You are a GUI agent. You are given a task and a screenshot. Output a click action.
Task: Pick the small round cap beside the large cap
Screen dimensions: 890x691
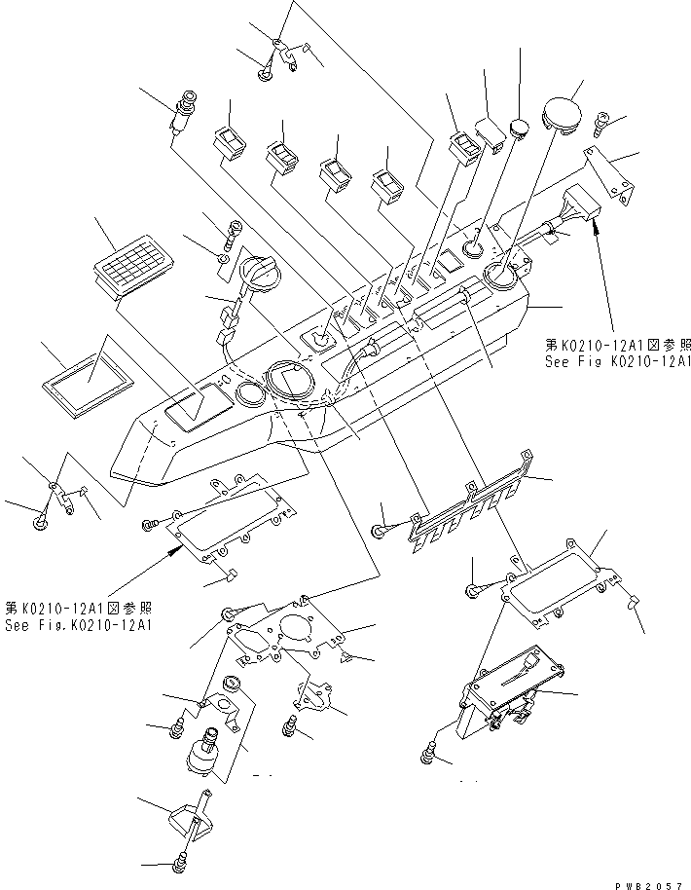tap(520, 128)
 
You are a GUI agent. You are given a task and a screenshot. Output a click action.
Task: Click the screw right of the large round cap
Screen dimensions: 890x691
tap(600, 124)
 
